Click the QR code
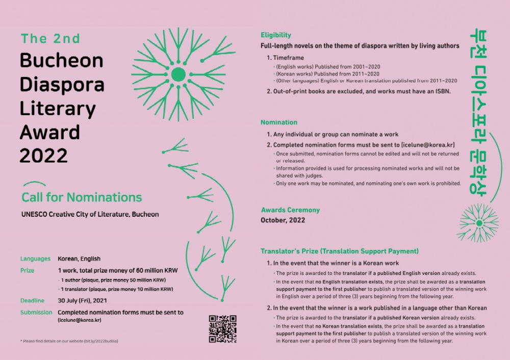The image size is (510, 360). [223, 329]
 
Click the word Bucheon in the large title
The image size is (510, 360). [61, 61]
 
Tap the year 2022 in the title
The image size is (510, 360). [43, 155]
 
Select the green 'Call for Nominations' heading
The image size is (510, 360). [82, 197]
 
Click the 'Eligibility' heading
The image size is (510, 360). [276, 35]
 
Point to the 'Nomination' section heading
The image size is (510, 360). [279, 122]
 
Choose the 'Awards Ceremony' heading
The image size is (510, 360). [290, 210]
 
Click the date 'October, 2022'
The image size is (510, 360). [283, 220]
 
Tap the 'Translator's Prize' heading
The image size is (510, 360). [339, 251]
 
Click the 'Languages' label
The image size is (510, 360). [35, 259]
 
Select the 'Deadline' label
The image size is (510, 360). [33, 300]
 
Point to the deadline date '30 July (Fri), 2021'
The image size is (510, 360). [89, 300]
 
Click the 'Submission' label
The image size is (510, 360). [36, 312]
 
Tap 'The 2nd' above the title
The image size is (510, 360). [50, 39]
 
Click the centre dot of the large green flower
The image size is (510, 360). [178, 74]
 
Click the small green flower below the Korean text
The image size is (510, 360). [479, 222]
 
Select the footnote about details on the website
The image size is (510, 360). [69, 340]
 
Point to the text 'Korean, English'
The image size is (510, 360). [79, 259]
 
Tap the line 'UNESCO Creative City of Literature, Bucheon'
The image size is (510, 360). [90, 214]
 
